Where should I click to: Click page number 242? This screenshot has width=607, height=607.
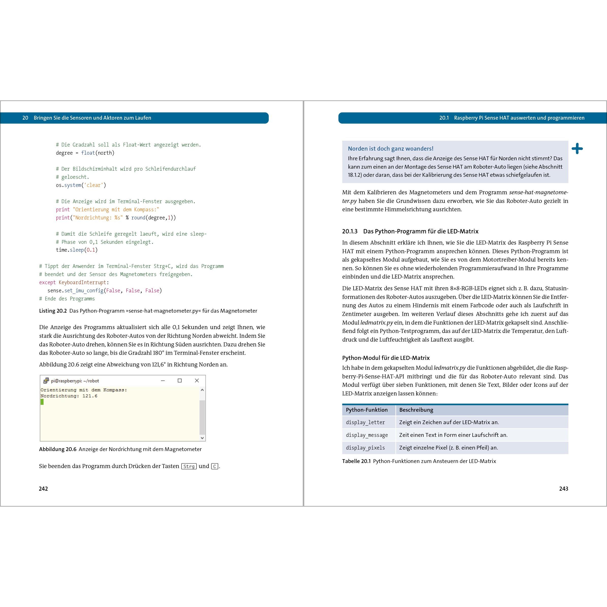coord(43,489)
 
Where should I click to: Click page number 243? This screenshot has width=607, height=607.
coord(564,489)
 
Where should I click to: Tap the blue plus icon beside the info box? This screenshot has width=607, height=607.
coord(577,149)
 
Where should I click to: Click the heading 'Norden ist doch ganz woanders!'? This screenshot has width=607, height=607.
coord(391,149)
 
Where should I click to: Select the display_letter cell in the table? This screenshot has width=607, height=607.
coord(365,422)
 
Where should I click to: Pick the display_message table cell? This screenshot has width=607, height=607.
coord(367,435)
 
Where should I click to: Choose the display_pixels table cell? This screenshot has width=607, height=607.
coord(365,448)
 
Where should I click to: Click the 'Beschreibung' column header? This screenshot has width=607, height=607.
coord(416,410)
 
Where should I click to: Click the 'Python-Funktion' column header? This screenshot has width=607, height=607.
coord(367,410)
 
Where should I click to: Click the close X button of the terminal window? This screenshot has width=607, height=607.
coord(197,380)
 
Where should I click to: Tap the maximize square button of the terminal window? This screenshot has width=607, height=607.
coord(180,380)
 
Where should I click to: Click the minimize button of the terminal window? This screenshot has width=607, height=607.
coord(163,380)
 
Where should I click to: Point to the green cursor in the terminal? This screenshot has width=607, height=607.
coord(42,402)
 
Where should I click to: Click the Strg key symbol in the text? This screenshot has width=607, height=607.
coord(189,466)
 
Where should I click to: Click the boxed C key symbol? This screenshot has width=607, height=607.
coord(215,466)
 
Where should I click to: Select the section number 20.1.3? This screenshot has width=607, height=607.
coord(350,231)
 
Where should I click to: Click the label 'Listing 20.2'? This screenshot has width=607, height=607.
coord(53,311)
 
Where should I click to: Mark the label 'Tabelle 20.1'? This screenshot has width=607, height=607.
coord(356,461)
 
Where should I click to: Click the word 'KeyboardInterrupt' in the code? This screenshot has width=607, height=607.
coord(82,282)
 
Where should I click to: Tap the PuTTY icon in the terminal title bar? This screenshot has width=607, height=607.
coord(46,380)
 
